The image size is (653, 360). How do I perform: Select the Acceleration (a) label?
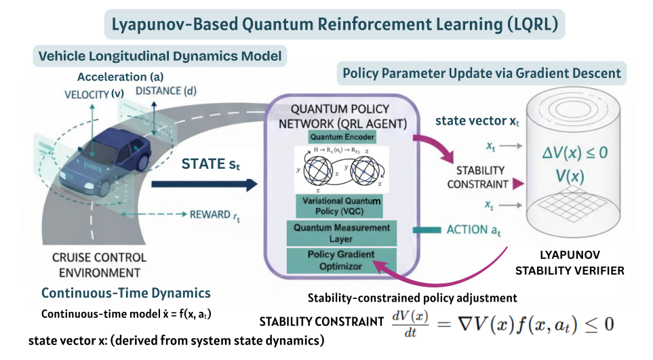click(120, 77)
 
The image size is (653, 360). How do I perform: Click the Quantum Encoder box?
click(342, 137)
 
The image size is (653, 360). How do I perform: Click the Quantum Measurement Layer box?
click(342, 233)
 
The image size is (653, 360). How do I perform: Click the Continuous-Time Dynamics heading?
click(126, 294)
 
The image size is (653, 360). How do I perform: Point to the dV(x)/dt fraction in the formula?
click(411, 323)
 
